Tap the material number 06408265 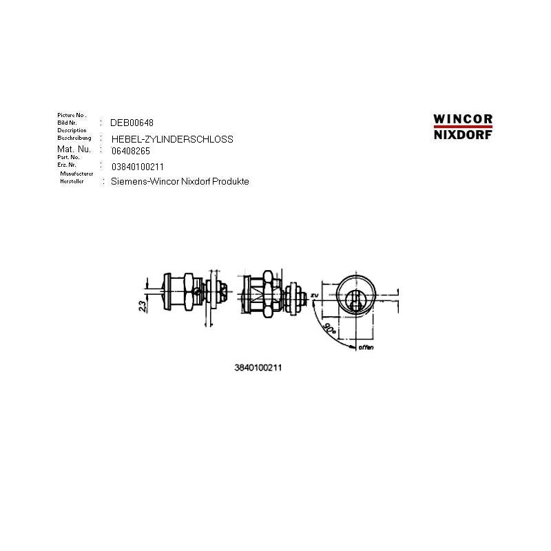click(130, 150)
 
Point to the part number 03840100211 click(137, 167)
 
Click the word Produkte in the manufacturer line click(232, 182)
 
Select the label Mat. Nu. click(74, 149)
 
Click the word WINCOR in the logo click(463, 119)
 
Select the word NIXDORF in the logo click(463, 135)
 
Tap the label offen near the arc click(366, 348)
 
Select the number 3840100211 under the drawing click(258, 368)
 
